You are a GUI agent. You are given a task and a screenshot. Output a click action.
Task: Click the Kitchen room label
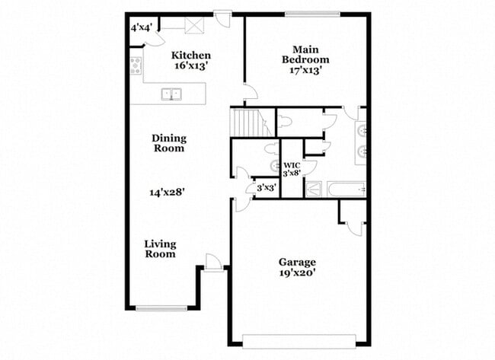[190, 56]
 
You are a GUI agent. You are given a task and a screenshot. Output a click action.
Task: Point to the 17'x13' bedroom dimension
[305, 71]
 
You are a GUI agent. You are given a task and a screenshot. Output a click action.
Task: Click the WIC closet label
[292, 165]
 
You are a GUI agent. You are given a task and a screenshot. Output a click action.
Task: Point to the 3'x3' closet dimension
[265, 187]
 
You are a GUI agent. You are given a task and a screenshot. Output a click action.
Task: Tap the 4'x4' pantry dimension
[142, 27]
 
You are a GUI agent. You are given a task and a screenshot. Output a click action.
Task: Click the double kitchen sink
[172, 94]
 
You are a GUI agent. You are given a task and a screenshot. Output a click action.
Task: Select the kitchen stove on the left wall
[136, 65]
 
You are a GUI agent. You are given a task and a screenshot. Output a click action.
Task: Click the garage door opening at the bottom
[298, 340]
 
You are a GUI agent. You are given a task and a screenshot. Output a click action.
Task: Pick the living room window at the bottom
[161, 308]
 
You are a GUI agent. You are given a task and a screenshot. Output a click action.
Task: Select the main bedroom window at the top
[312, 13]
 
